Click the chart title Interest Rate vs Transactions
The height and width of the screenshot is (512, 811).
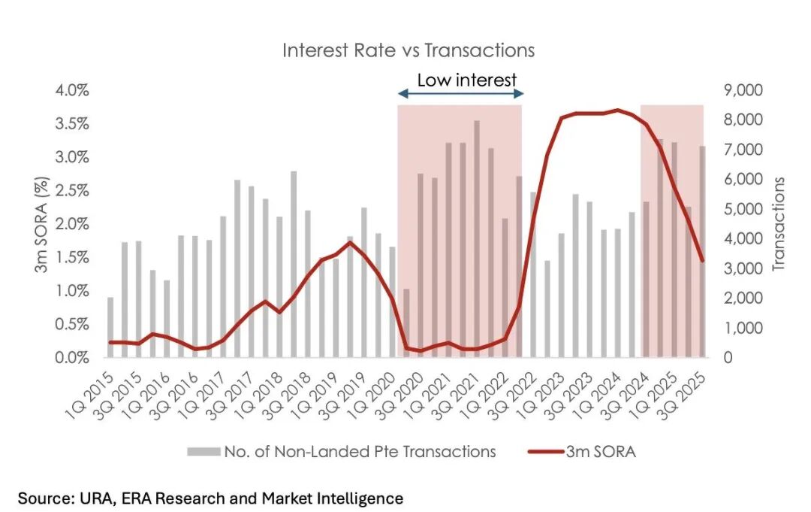[408, 50]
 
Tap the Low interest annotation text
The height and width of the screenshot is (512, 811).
[466, 80]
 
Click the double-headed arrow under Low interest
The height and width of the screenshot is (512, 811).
[460, 94]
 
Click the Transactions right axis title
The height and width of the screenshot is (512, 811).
[779, 223]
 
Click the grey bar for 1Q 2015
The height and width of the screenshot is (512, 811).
[110, 328]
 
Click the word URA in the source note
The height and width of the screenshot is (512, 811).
[87, 498]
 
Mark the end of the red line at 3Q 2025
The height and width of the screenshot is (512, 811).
[701, 260]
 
